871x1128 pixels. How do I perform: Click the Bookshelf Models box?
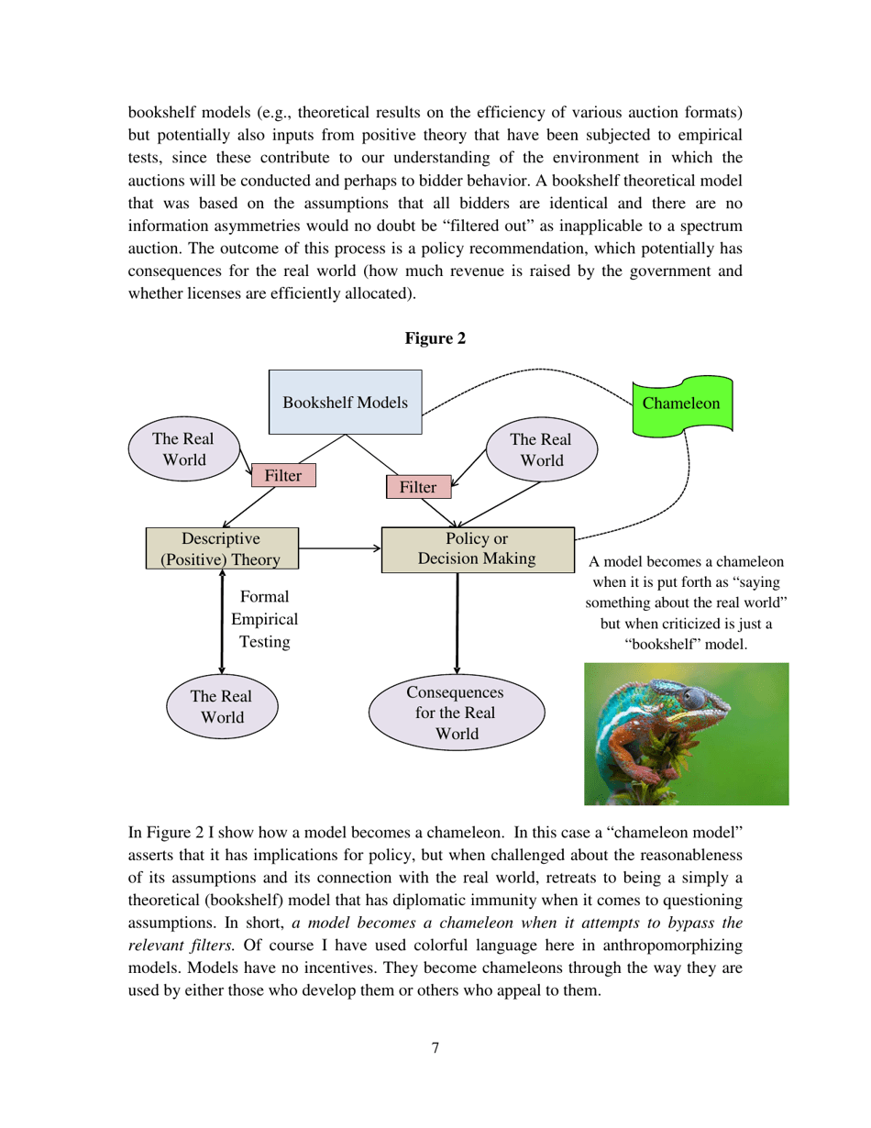tap(345, 402)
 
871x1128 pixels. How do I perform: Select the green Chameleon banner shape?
tap(682, 404)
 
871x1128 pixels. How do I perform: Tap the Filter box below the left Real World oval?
tap(283, 475)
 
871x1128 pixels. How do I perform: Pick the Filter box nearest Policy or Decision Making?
tap(418, 487)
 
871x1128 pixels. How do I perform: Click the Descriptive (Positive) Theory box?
tap(222, 548)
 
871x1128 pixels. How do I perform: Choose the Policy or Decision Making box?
tap(477, 548)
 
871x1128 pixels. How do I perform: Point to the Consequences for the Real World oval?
tap(456, 713)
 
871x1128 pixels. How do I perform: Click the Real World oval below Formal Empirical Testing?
tap(222, 706)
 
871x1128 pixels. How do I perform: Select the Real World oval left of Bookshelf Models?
tap(183, 448)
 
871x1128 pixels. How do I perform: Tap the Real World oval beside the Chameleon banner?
tap(541, 449)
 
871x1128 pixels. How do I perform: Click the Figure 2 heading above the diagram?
tap(435, 338)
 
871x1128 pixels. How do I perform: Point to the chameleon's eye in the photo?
tap(694, 699)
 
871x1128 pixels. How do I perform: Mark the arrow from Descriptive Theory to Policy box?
tap(339, 548)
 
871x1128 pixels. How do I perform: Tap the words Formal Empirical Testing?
tap(265, 619)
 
